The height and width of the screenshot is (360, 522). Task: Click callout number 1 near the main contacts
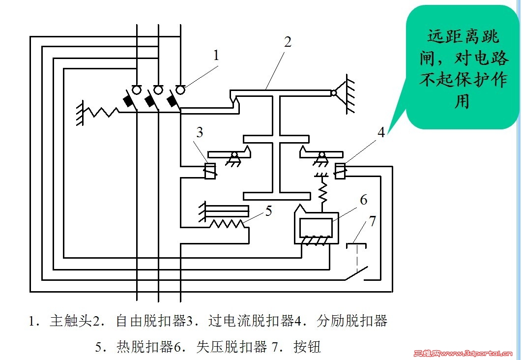point(216,56)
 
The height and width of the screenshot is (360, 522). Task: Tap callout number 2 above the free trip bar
point(288,42)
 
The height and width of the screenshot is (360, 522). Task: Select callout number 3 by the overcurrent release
point(199,133)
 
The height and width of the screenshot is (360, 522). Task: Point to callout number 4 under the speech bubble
point(381,133)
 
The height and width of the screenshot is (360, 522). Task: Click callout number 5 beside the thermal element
point(268,211)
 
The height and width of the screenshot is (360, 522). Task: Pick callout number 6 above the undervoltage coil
point(363,200)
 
